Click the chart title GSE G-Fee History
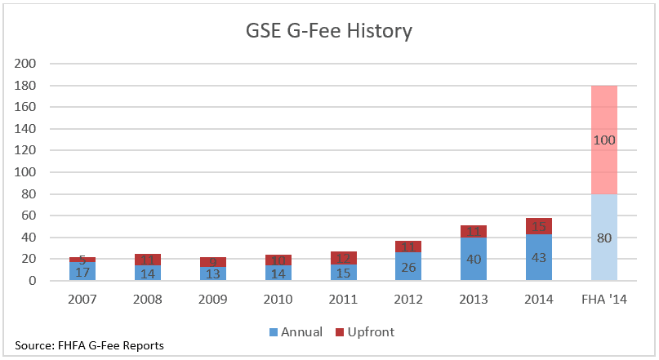[329, 32]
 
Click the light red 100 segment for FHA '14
[603, 140]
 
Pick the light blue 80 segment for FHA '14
[603, 238]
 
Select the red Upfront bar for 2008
[147, 260]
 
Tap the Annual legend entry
[295, 331]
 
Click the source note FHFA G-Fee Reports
[89, 345]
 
